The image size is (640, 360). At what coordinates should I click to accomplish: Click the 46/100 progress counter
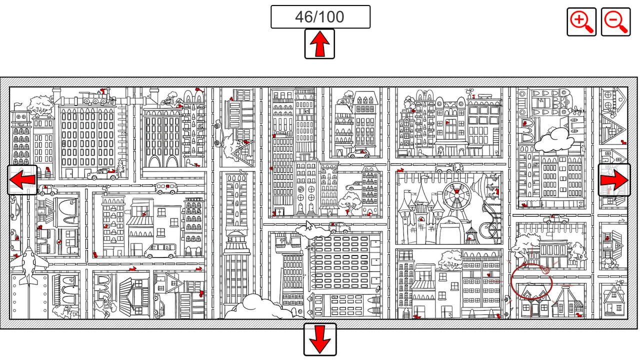pos(320,17)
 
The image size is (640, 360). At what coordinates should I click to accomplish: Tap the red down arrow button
pos(320,339)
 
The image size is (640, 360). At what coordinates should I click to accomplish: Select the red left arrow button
pos(22,180)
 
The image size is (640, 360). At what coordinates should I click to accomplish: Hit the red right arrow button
pos(614,180)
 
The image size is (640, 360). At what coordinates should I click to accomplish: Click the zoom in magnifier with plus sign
pos(581,22)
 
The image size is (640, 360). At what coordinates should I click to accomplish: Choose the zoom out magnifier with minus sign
pos(615,22)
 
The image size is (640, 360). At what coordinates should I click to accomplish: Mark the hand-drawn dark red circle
pos(531,281)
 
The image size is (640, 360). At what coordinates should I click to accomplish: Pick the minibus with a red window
pos(166,188)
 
